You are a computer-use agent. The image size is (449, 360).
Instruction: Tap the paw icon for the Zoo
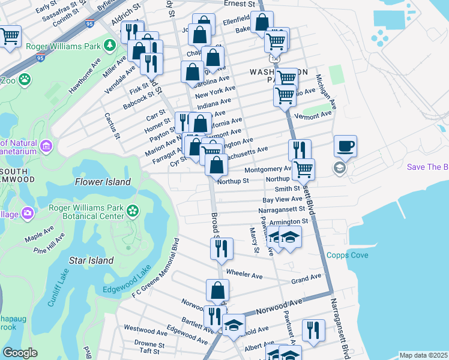(x=25, y=79)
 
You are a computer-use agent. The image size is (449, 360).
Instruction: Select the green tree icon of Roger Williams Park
(x=110, y=45)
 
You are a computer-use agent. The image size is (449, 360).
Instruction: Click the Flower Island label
(x=103, y=182)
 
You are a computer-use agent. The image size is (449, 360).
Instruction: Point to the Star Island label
(x=91, y=260)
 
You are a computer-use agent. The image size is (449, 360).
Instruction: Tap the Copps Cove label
(x=348, y=255)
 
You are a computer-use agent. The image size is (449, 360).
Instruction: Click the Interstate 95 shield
(x=89, y=24)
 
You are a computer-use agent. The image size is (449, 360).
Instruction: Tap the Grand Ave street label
(x=306, y=280)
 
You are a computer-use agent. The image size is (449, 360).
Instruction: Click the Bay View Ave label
(x=282, y=199)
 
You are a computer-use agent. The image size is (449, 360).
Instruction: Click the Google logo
(x=20, y=353)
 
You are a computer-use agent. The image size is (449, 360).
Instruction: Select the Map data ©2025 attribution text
(x=423, y=355)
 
